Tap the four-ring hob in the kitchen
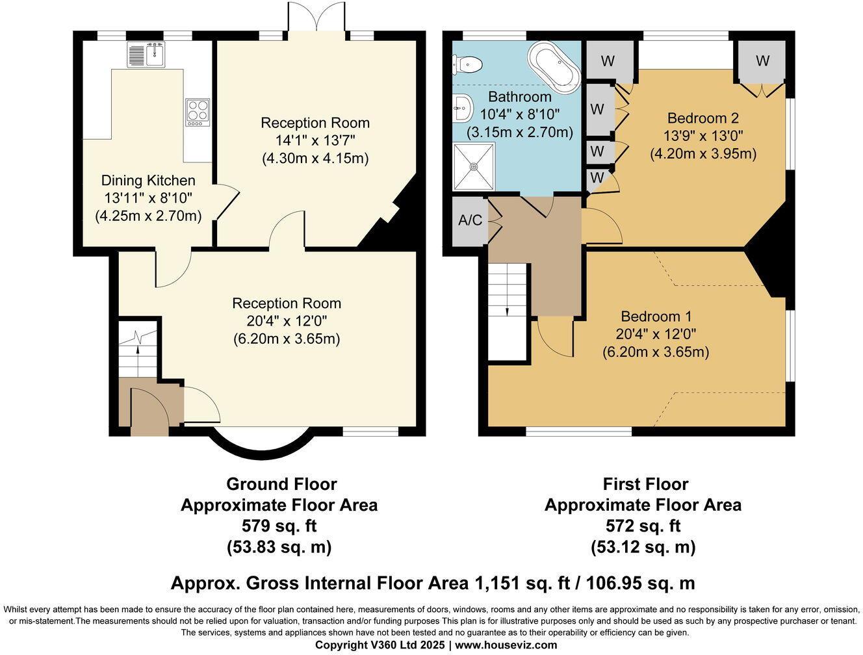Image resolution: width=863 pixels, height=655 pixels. coord(198,112)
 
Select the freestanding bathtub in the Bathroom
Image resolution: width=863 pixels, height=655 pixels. coord(554,65)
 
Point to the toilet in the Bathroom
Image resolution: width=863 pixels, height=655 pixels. coord(467,64)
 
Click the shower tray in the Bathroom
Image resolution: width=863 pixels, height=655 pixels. coord(474,166)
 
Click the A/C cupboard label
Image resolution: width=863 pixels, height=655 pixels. coord(470,220)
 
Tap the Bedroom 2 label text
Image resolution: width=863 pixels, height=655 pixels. coord(703,118)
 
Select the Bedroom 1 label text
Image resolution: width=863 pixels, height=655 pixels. coord(656,316)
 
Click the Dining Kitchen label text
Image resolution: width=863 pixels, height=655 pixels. coord(148,181)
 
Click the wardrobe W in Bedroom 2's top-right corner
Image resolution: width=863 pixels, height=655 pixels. coord(762,60)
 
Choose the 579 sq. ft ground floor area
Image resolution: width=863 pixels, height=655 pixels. coord(279,526)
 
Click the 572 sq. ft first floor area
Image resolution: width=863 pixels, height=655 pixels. coord(643,526)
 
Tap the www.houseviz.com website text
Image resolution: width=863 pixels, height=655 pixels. coord(506,645)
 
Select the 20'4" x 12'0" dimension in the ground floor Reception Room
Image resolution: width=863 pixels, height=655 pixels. coord(287,321)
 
